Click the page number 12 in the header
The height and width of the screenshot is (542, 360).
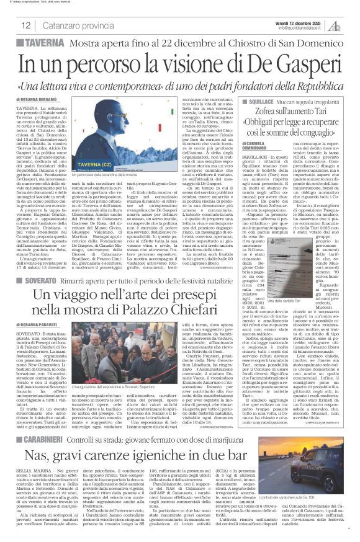coord(25,25)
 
